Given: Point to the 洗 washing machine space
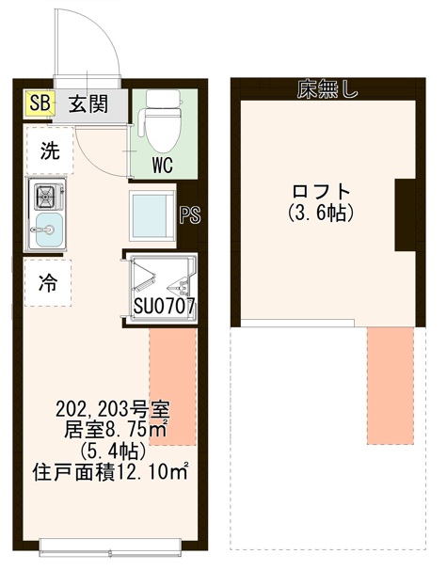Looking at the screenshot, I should coord(47,150).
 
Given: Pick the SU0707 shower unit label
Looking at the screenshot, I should coord(164,306).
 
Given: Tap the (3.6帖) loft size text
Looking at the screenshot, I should coord(320,214).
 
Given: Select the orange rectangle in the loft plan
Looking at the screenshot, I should coord(390,385).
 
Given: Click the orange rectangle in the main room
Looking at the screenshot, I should coord(172,387).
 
